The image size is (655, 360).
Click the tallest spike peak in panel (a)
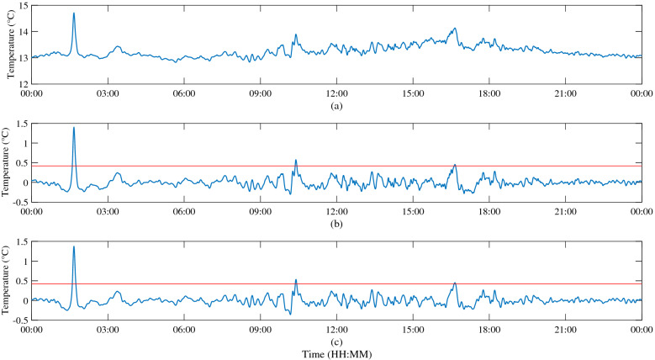(74, 13)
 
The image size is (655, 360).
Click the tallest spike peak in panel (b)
(74, 128)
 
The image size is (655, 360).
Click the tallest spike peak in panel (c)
(74, 247)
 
